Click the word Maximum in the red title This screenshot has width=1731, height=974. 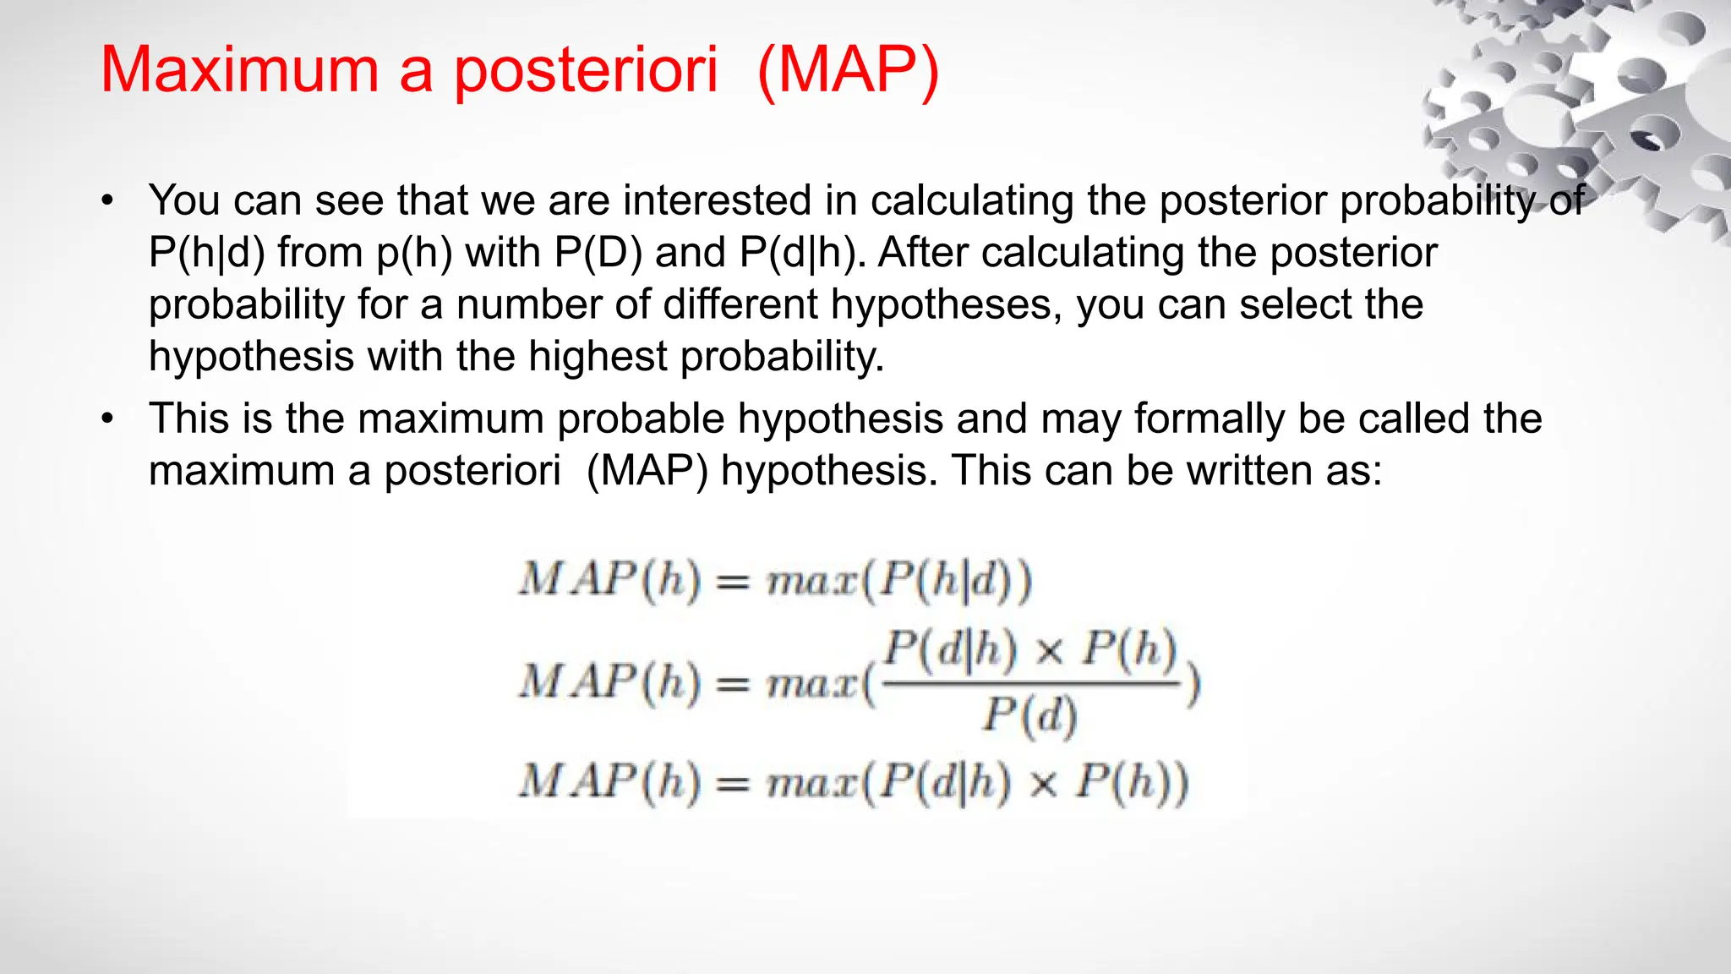(x=239, y=69)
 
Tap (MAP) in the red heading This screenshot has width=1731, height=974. (x=848, y=69)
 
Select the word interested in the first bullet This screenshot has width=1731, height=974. (x=717, y=201)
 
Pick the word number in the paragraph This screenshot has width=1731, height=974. (x=529, y=304)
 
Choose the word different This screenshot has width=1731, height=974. (x=740, y=304)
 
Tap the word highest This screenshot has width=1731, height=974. (x=598, y=356)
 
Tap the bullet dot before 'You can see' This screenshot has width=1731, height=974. (x=106, y=202)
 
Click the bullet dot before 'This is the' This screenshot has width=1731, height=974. (x=106, y=419)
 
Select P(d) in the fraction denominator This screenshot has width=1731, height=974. (x=1029, y=715)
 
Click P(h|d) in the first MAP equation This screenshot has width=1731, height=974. (x=947, y=582)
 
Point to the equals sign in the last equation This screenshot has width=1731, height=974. (x=733, y=785)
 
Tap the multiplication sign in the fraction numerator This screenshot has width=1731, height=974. (x=1048, y=651)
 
